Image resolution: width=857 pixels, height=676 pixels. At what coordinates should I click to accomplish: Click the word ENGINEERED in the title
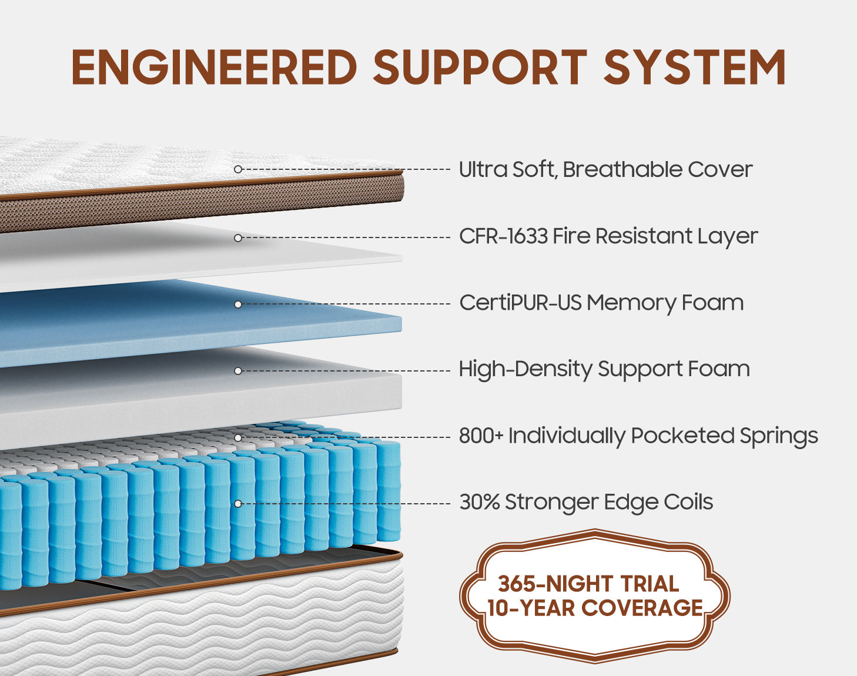coord(215,67)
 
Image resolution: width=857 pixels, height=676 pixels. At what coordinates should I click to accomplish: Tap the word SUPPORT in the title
coord(480,67)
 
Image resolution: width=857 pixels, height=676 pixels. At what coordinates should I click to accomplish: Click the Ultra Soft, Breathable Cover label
coord(605,169)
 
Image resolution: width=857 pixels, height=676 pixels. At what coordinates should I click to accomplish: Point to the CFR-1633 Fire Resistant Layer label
coord(608,236)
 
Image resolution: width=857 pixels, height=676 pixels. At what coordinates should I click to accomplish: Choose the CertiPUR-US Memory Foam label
coord(601,303)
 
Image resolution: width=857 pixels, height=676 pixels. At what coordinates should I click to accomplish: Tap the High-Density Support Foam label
coord(604,369)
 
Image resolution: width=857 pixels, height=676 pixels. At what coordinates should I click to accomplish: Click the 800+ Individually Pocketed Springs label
coord(638,436)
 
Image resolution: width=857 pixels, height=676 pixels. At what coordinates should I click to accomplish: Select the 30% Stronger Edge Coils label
coord(586,503)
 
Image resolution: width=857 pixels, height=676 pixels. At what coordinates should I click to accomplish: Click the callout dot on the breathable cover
coord(238,169)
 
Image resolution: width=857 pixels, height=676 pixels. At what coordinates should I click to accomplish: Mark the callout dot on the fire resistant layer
coord(238,238)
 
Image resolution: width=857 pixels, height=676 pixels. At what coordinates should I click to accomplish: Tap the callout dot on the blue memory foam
coord(238,304)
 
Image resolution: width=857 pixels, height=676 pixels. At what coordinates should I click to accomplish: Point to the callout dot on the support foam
coord(238,371)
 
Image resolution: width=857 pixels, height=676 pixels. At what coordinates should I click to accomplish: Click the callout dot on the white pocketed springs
coord(238,437)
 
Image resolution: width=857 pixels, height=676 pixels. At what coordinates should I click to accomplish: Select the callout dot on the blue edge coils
coord(238,504)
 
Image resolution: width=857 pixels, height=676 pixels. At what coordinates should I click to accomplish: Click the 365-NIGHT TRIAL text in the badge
coord(588,584)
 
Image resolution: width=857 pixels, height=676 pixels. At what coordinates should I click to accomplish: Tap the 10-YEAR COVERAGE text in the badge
coord(595,608)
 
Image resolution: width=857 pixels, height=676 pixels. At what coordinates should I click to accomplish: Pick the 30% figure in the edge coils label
coord(479,503)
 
